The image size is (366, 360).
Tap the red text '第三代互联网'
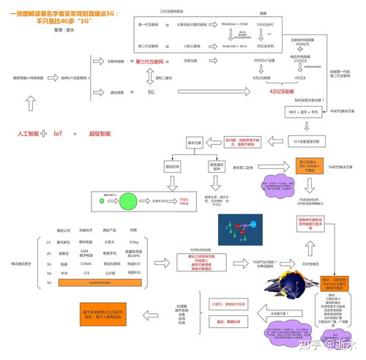point(152,61)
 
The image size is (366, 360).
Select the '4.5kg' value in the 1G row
point(133,241)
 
